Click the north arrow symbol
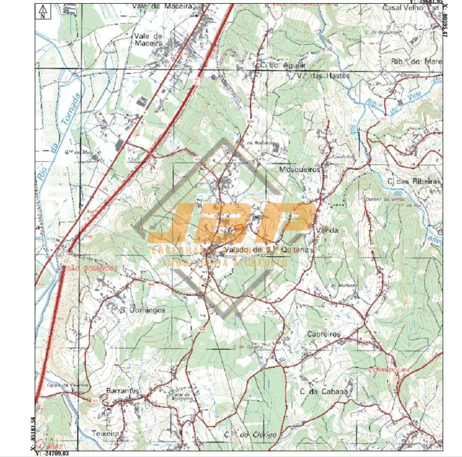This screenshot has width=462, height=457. [42, 11]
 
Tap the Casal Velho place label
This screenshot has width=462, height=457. [403, 9]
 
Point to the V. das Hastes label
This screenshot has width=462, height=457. [324, 75]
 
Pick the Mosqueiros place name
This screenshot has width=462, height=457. [301, 170]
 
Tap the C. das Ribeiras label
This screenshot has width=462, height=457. [413, 181]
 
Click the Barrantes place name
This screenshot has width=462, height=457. [122, 390]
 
